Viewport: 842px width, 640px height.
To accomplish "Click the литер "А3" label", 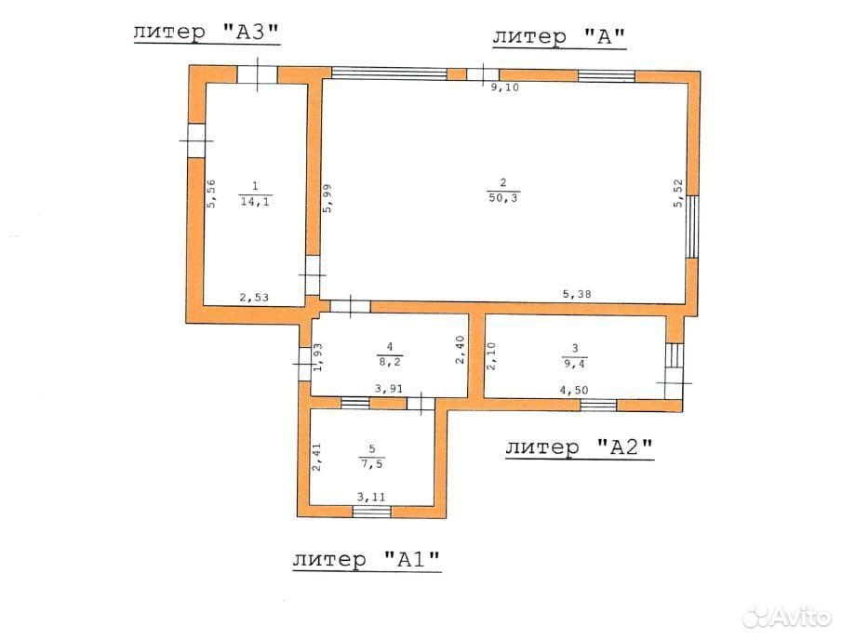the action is pyautogui.click(x=207, y=33).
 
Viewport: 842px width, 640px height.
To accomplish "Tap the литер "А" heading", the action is pyautogui.click(x=559, y=36).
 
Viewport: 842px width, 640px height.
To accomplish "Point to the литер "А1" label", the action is pyautogui.click(x=367, y=559).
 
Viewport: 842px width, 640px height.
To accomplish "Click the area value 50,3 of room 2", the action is pyautogui.click(x=503, y=197).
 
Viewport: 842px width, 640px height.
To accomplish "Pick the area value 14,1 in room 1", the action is pyautogui.click(x=255, y=201).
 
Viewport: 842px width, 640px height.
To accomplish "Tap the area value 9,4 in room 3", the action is pyautogui.click(x=575, y=364).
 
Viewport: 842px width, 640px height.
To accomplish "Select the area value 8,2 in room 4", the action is pyautogui.click(x=390, y=362).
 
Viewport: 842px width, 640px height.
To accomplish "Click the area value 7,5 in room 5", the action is pyautogui.click(x=372, y=464).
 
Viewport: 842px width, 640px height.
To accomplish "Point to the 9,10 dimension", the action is pyautogui.click(x=505, y=87).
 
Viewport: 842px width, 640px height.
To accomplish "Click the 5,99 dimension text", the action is pyautogui.click(x=327, y=198).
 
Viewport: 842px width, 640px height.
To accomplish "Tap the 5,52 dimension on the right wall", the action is pyautogui.click(x=678, y=193).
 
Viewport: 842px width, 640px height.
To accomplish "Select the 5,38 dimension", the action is pyautogui.click(x=577, y=294).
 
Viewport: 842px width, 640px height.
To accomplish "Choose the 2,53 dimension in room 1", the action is pyautogui.click(x=254, y=297).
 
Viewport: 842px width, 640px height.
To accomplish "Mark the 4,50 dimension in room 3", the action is pyautogui.click(x=574, y=391).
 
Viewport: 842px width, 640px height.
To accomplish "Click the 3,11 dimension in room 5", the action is pyautogui.click(x=371, y=497).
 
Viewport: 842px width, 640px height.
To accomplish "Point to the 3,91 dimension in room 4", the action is pyautogui.click(x=389, y=389).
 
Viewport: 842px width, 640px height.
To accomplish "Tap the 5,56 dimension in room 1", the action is pyautogui.click(x=211, y=193).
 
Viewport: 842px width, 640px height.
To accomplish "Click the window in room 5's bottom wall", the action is pyautogui.click(x=372, y=511).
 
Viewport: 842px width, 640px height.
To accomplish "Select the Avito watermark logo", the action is pyautogui.click(x=787, y=617).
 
